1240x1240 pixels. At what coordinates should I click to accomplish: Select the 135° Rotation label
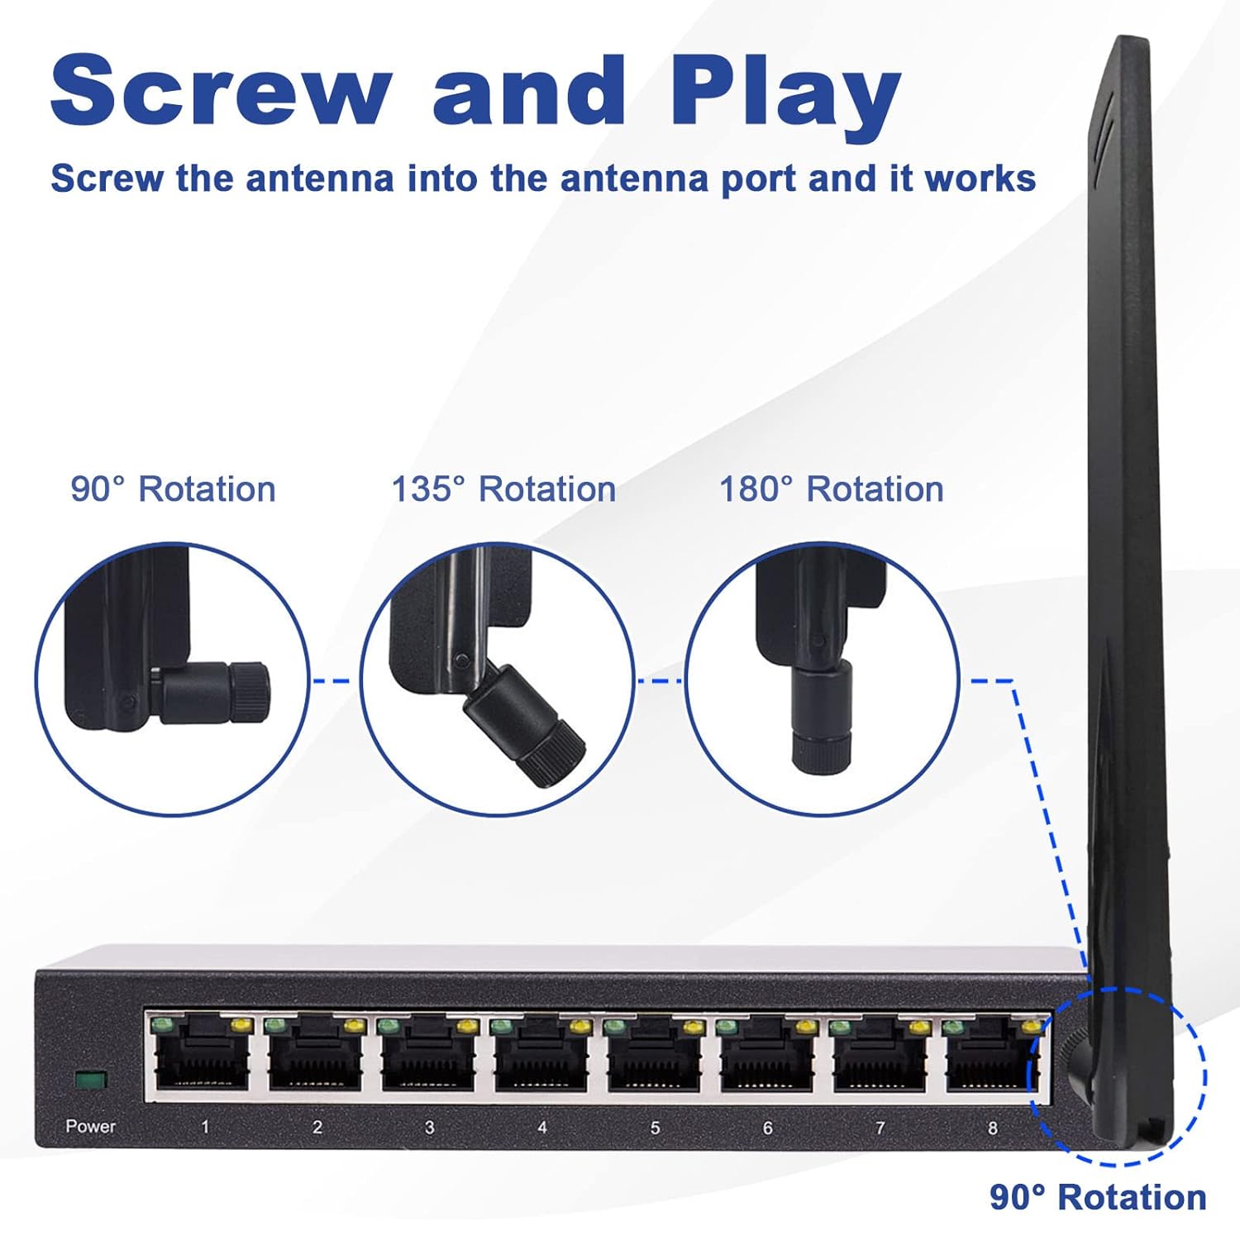[503, 489]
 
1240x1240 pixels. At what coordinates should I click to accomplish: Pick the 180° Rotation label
[831, 489]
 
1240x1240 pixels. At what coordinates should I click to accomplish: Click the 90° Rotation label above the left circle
[173, 489]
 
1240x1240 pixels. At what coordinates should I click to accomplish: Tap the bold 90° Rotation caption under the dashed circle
[1098, 1197]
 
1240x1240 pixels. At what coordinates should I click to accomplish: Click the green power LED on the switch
[90, 1080]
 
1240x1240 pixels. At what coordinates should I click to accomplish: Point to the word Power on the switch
[90, 1126]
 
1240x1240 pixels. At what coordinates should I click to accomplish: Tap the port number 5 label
[655, 1128]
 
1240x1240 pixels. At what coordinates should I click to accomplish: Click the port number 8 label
[993, 1128]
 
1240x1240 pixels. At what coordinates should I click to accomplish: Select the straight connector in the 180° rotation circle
[821, 718]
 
